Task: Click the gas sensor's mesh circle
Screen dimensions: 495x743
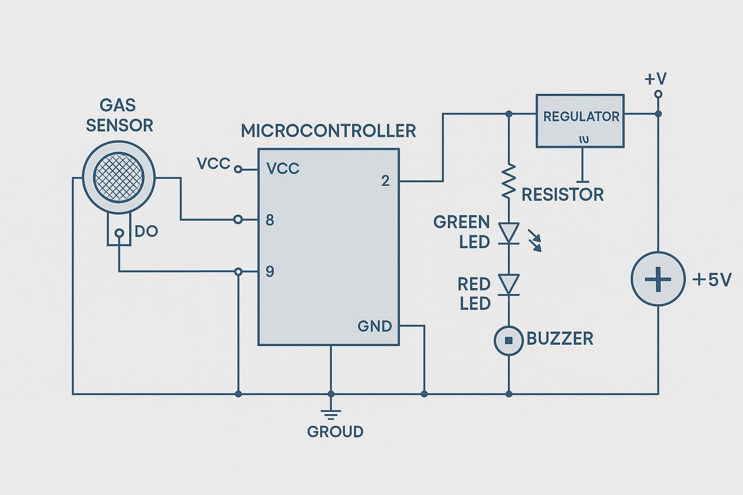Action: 119,177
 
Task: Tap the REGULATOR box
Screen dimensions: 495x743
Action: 580,120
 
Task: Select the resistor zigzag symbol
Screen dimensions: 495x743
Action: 508,181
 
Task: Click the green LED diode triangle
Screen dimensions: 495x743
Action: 508,233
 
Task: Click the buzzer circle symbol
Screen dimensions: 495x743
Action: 508,340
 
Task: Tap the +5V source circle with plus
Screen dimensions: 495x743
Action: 658,279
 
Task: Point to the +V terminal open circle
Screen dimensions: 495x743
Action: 658,94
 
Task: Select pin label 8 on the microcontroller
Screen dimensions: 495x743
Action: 270,220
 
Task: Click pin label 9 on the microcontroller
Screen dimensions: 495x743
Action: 270,272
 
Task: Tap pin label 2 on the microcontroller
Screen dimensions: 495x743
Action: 385,181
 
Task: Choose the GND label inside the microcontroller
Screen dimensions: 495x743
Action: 374,326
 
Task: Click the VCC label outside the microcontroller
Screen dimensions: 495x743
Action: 213,164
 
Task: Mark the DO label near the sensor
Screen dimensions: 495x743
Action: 146,232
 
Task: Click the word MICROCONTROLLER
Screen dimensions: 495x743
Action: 328,131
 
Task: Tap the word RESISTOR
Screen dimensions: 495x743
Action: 563,195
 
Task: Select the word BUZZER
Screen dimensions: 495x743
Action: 560,339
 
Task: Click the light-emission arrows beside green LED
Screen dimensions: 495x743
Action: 535,241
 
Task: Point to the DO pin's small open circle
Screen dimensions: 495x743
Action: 119,233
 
